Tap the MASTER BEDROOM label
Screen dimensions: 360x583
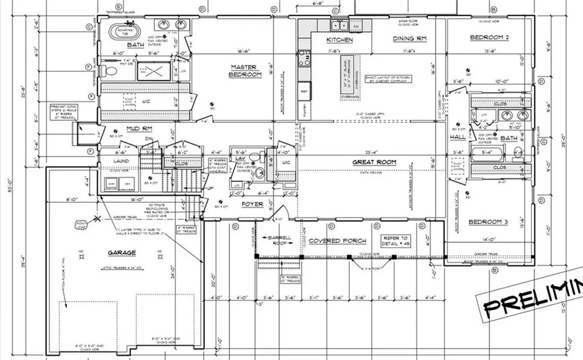click(245, 71)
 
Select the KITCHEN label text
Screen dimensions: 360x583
click(339, 40)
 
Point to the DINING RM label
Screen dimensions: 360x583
click(410, 39)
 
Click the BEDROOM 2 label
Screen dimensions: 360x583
click(488, 38)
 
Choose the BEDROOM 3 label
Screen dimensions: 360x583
click(488, 222)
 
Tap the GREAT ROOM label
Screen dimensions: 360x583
click(374, 162)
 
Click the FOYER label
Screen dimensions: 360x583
click(252, 204)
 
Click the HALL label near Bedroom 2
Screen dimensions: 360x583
click(458, 137)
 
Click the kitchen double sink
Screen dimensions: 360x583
click(340, 25)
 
